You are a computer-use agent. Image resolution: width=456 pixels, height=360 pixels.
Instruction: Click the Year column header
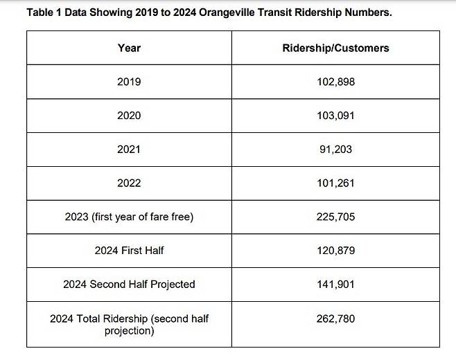coord(129,48)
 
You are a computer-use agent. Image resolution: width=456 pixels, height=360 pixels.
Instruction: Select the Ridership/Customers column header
coord(335,48)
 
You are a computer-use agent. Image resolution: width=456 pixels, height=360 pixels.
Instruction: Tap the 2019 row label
coord(129,82)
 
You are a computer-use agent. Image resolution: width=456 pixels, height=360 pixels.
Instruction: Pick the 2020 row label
coord(129,116)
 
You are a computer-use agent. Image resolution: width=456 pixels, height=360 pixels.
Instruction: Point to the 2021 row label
coord(129,150)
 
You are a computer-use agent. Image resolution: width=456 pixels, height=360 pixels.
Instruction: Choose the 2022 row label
coord(129,183)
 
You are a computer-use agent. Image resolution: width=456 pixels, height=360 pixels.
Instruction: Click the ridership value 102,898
coord(335,82)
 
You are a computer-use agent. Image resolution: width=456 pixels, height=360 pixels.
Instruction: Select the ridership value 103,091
coord(335,116)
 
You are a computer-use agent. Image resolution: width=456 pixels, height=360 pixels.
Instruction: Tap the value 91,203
coord(335,150)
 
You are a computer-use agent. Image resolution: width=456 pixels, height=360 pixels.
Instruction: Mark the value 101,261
coord(335,183)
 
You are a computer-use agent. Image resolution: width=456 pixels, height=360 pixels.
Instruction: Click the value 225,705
coord(335,217)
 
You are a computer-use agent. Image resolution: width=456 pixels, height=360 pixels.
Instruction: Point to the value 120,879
coord(335,251)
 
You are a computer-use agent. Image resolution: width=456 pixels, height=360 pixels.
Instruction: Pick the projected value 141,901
coord(335,285)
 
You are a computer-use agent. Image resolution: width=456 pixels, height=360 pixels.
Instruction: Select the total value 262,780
coord(335,318)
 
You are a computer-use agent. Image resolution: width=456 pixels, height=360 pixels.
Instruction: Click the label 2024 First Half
coord(129,251)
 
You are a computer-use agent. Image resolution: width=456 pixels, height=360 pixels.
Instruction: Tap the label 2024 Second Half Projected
coord(129,285)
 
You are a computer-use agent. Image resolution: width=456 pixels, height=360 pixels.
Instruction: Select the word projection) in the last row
coord(129,331)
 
